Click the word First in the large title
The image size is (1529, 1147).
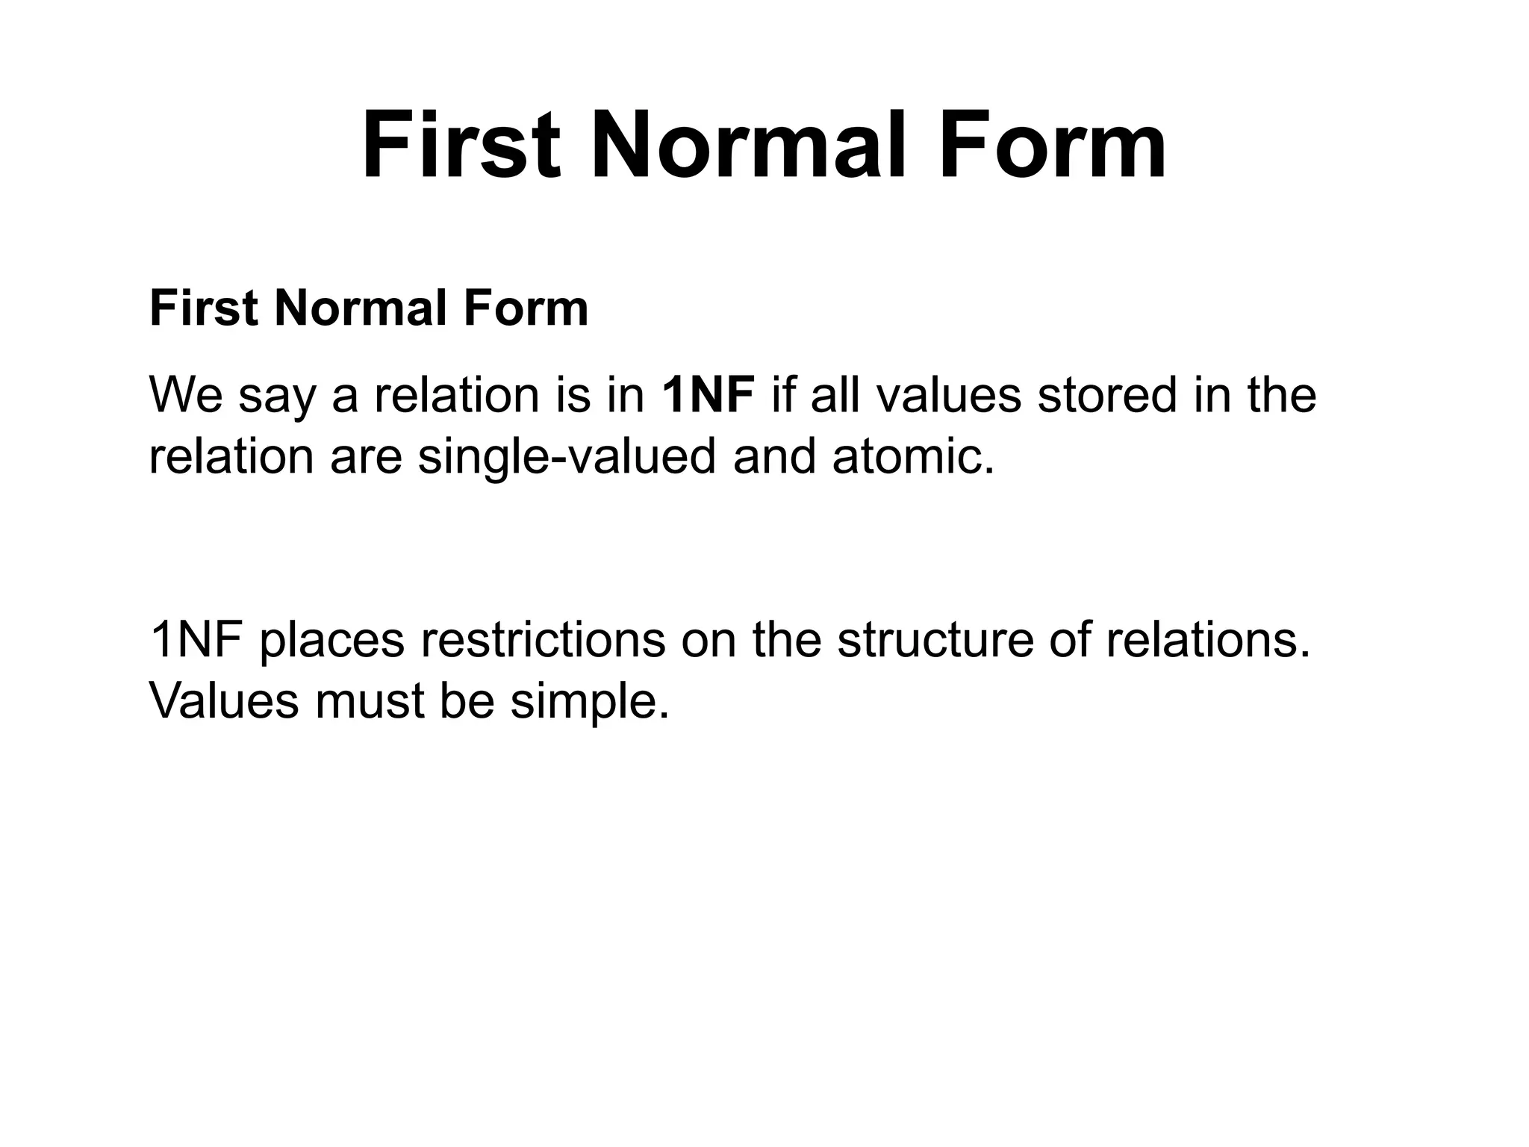pos(461,145)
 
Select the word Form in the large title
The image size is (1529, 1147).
pos(1053,145)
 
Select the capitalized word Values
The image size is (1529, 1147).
pos(223,700)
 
